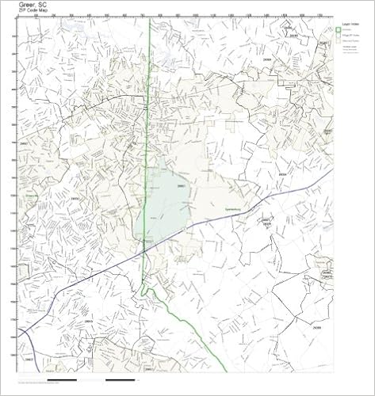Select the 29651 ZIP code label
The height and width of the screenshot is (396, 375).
[x=181, y=185]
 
